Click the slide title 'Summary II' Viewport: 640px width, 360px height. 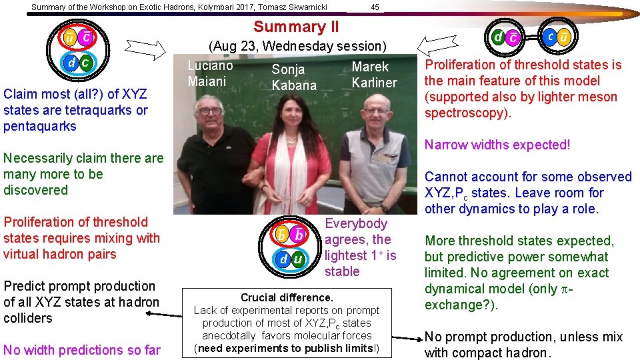296,27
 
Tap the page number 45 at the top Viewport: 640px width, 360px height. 375,7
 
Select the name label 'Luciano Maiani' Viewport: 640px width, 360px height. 210,73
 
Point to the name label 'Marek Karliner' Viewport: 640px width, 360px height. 374,75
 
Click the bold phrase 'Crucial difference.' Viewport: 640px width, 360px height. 287,297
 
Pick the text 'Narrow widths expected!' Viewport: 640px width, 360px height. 497,145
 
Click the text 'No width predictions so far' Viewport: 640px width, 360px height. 82,350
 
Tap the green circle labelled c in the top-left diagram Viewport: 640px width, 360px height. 86,62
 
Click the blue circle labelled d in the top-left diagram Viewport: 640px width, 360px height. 71,62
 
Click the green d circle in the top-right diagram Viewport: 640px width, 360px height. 498,37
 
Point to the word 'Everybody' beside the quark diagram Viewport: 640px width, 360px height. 356,223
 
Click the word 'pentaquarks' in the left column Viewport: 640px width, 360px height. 40,126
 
